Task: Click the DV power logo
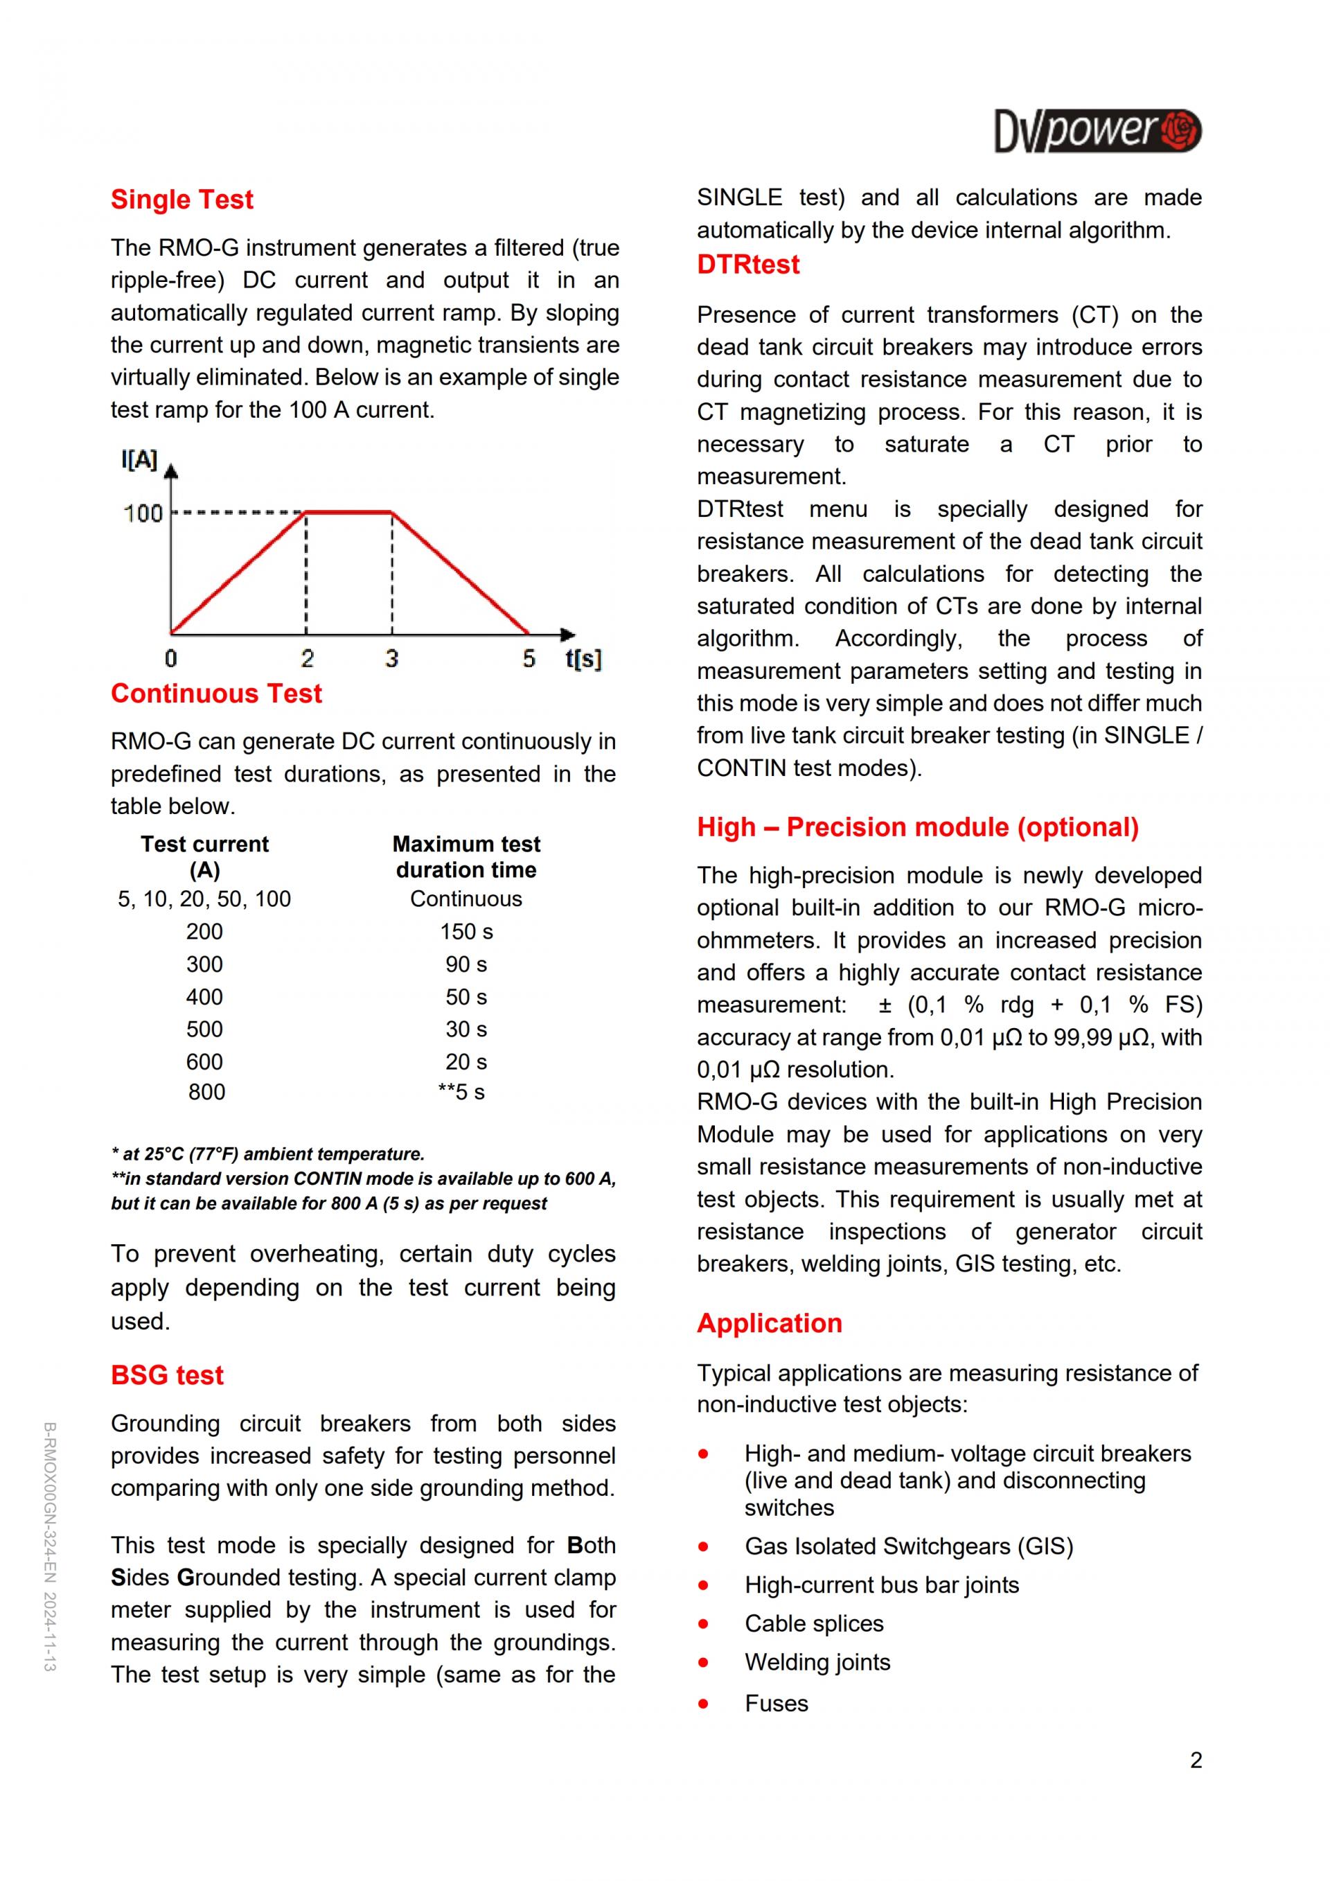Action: (x=1097, y=131)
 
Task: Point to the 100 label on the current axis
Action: (x=143, y=513)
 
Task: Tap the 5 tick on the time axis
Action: (x=529, y=658)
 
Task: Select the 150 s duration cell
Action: (x=466, y=931)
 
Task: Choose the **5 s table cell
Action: (x=461, y=1092)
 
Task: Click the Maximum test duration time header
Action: (x=466, y=857)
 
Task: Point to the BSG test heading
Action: (x=167, y=1375)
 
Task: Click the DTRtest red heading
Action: (x=747, y=265)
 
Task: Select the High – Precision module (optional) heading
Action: (x=917, y=827)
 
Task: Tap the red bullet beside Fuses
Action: (x=702, y=1704)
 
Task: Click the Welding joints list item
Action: (x=817, y=1662)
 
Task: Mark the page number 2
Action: (x=1196, y=1760)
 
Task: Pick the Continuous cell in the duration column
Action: (x=466, y=899)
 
